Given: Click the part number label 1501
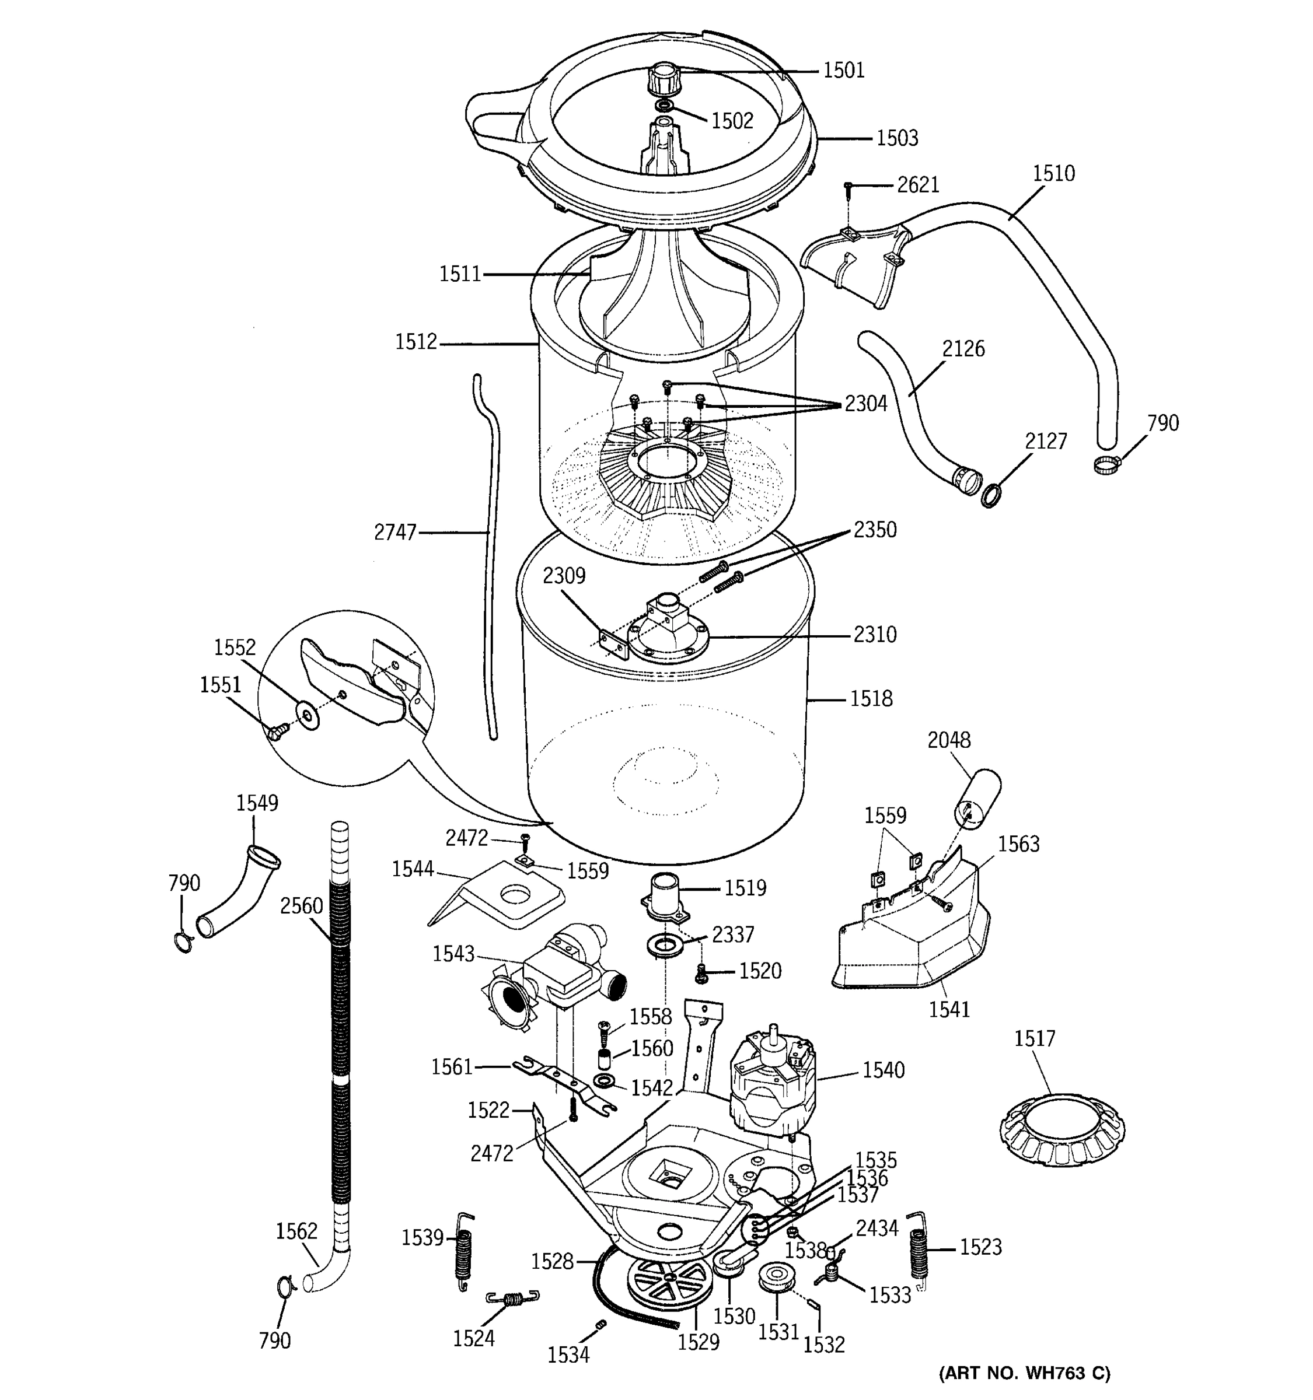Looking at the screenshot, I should coord(843,70).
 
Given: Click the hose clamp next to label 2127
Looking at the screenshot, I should coord(991,495).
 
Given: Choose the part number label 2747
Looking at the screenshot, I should coord(395,533).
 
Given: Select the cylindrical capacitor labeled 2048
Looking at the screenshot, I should coord(977,796).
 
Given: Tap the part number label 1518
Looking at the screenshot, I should coord(871,699).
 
